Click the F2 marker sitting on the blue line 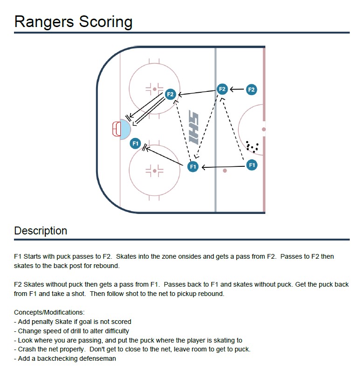click(x=222, y=89)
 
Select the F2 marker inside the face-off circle click(x=170, y=94)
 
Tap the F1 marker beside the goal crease click(x=135, y=144)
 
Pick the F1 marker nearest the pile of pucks click(x=252, y=165)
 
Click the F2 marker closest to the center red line click(x=251, y=89)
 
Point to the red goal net click(x=116, y=129)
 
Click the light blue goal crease click(x=125, y=129)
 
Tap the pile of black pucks click(x=252, y=147)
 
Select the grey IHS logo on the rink click(x=194, y=127)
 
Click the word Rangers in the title click(x=44, y=21)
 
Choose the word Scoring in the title click(x=105, y=22)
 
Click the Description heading click(x=41, y=231)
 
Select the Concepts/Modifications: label click(x=49, y=312)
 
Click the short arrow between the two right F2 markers click(x=237, y=89)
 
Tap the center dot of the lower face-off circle click(x=154, y=171)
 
